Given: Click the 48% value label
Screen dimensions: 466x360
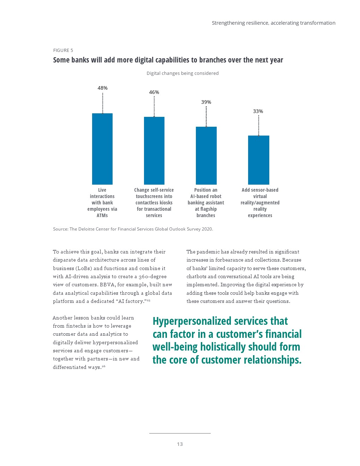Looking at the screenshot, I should click(102, 88).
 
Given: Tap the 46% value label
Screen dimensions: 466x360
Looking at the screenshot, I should click(154, 92).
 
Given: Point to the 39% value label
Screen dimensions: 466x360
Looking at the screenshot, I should click(206, 102).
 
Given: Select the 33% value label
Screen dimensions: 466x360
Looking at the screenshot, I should click(258, 111).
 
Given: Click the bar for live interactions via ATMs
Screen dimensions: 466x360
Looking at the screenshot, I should click(102, 149).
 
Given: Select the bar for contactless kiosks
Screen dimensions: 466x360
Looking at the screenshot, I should click(154, 150).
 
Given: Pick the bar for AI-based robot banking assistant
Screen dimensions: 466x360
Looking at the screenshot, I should click(206, 155).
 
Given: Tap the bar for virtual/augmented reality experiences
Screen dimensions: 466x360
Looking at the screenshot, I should click(258, 160).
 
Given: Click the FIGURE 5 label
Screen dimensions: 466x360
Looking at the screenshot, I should click(63, 50).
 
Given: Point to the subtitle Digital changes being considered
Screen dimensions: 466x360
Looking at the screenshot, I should click(182, 73).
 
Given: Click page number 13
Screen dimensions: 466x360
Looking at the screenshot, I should click(180, 444).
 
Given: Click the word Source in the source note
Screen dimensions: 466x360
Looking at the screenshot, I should click(60, 229).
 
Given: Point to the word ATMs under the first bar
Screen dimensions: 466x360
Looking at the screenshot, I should click(102, 215).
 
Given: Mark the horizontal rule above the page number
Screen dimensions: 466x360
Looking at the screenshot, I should click(180, 433).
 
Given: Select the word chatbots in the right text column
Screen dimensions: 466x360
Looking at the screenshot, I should click(196, 276).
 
